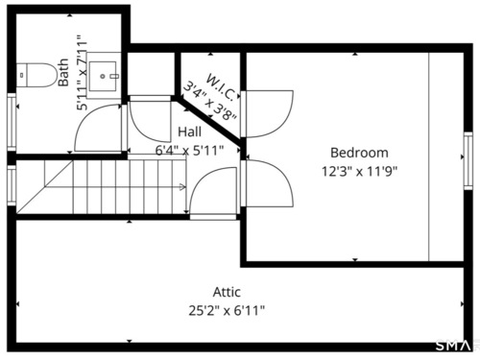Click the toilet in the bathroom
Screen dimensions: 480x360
coord(36,75)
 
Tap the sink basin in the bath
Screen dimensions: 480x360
coord(103,76)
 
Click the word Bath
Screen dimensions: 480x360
coord(63,72)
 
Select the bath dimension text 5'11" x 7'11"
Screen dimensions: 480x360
coord(82,76)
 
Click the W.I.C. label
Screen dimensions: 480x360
coord(223,86)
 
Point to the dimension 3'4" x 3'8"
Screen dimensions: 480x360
coord(209,102)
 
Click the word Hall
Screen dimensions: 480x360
coord(189,132)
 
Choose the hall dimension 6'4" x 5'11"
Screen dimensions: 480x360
coord(189,150)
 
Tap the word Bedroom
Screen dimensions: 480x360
coord(359,153)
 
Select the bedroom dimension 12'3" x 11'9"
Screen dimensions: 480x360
coord(359,171)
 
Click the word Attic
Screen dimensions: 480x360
coord(227,292)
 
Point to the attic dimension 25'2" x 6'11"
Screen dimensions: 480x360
coord(227,310)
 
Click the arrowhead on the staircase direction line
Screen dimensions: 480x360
coord(182,187)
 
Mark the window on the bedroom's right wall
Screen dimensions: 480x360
coord(468,160)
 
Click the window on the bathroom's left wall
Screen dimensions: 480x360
coord(12,122)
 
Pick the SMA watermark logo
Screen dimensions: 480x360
coord(454,346)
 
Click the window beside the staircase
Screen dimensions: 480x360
coord(12,185)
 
